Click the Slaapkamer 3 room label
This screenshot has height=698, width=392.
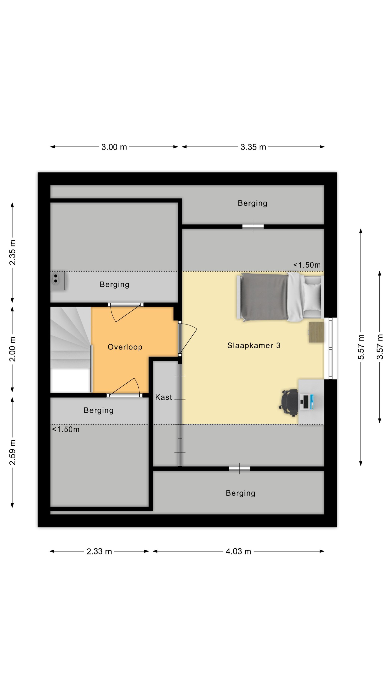[254, 345]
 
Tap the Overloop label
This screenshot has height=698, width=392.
[125, 347]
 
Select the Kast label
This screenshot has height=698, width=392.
[163, 397]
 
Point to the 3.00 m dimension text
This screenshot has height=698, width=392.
[114, 147]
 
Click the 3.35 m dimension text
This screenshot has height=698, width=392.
[253, 147]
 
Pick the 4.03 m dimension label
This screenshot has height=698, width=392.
[238, 551]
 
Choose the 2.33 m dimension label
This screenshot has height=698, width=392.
[99, 551]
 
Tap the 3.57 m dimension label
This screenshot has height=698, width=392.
[380, 347]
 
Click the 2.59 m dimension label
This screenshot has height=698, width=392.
[12, 452]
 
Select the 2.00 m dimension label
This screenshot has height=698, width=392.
[12, 349]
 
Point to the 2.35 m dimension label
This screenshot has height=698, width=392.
[12, 252]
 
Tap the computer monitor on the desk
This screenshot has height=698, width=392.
[305, 402]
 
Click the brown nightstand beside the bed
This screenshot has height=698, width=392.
[316, 332]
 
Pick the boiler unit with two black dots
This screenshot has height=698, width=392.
[58, 281]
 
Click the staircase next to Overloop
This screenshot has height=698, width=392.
[71, 349]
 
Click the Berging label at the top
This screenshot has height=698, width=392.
[252, 203]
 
